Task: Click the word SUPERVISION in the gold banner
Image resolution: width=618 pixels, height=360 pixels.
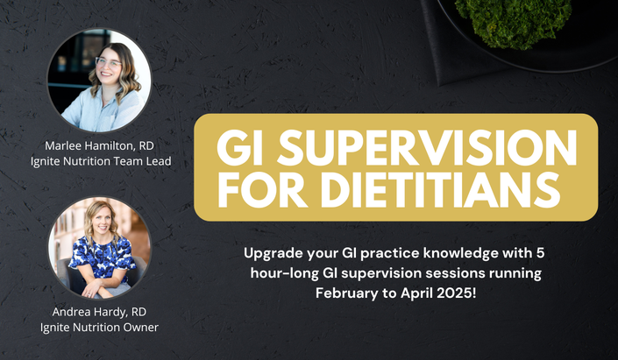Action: [427, 147]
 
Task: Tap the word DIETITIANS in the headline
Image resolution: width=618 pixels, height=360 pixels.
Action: [440, 189]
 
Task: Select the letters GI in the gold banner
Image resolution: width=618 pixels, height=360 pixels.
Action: [239, 147]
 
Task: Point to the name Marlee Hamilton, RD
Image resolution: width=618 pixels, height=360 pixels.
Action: [99, 145]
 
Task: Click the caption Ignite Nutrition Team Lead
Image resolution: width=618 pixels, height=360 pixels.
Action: [101, 161]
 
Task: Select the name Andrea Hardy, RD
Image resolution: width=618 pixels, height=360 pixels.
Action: [99, 312]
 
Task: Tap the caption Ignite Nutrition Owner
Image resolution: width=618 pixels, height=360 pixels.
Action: [99, 328]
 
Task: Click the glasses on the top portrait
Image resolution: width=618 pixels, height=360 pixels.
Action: [108, 62]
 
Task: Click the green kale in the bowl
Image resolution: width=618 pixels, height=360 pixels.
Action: [513, 20]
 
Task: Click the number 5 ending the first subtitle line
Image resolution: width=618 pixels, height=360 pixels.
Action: [540, 253]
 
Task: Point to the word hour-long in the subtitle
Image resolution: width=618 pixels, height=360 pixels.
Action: [285, 274]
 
